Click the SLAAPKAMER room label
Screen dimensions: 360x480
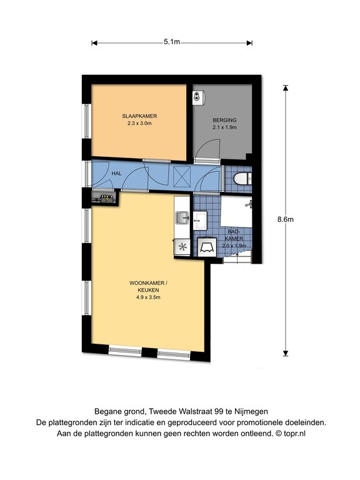pyautogui.click(x=139, y=116)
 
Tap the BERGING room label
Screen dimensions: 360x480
pyautogui.click(x=224, y=120)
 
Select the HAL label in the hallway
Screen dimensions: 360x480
pyautogui.click(x=116, y=173)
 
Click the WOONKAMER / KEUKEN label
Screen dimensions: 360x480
pyautogui.click(x=148, y=286)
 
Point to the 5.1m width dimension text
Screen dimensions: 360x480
pyautogui.click(x=172, y=42)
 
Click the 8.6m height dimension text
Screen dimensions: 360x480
pyautogui.click(x=285, y=219)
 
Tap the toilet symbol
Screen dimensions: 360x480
pyautogui.click(x=242, y=179)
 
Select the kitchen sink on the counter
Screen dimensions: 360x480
pyautogui.click(x=182, y=218)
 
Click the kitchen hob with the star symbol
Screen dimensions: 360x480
pyautogui.click(x=182, y=247)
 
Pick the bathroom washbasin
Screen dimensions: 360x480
pyautogui.click(x=199, y=220)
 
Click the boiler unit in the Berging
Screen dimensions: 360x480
pyautogui.click(x=198, y=99)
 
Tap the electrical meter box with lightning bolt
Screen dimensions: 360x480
pyautogui.click(x=104, y=198)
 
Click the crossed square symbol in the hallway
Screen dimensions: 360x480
pyautogui.click(x=182, y=177)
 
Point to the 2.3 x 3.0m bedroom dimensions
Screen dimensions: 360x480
pyautogui.click(x=139, y=123)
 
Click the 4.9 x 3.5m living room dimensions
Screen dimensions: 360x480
pyautogui.click(x=148, y=297)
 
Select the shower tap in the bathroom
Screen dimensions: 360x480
pyautogui.click(x=249, y=204)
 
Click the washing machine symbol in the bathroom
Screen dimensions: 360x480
pyautogui.click(x=207, y=247)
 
